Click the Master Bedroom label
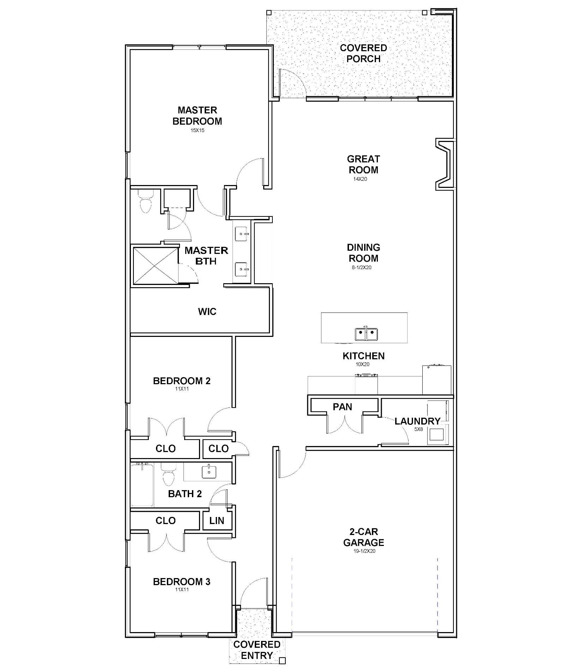coord(197,115)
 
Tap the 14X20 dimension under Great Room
coord(360,179)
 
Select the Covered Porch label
coord(363,53)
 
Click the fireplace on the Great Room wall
coord(445,165)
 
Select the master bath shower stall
coord(155,266)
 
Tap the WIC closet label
coord(207,311)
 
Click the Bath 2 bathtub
coord(142,485)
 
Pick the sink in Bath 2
coord(209,471)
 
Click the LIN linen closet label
coord(217,521)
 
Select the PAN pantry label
coord(342,407)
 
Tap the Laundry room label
coord(417,421)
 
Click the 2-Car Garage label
coord(364,537)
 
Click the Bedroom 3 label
coord(182,582)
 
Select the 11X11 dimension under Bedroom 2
coord(182,389)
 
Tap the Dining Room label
coord(363,253)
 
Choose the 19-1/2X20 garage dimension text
coord(363,551)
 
